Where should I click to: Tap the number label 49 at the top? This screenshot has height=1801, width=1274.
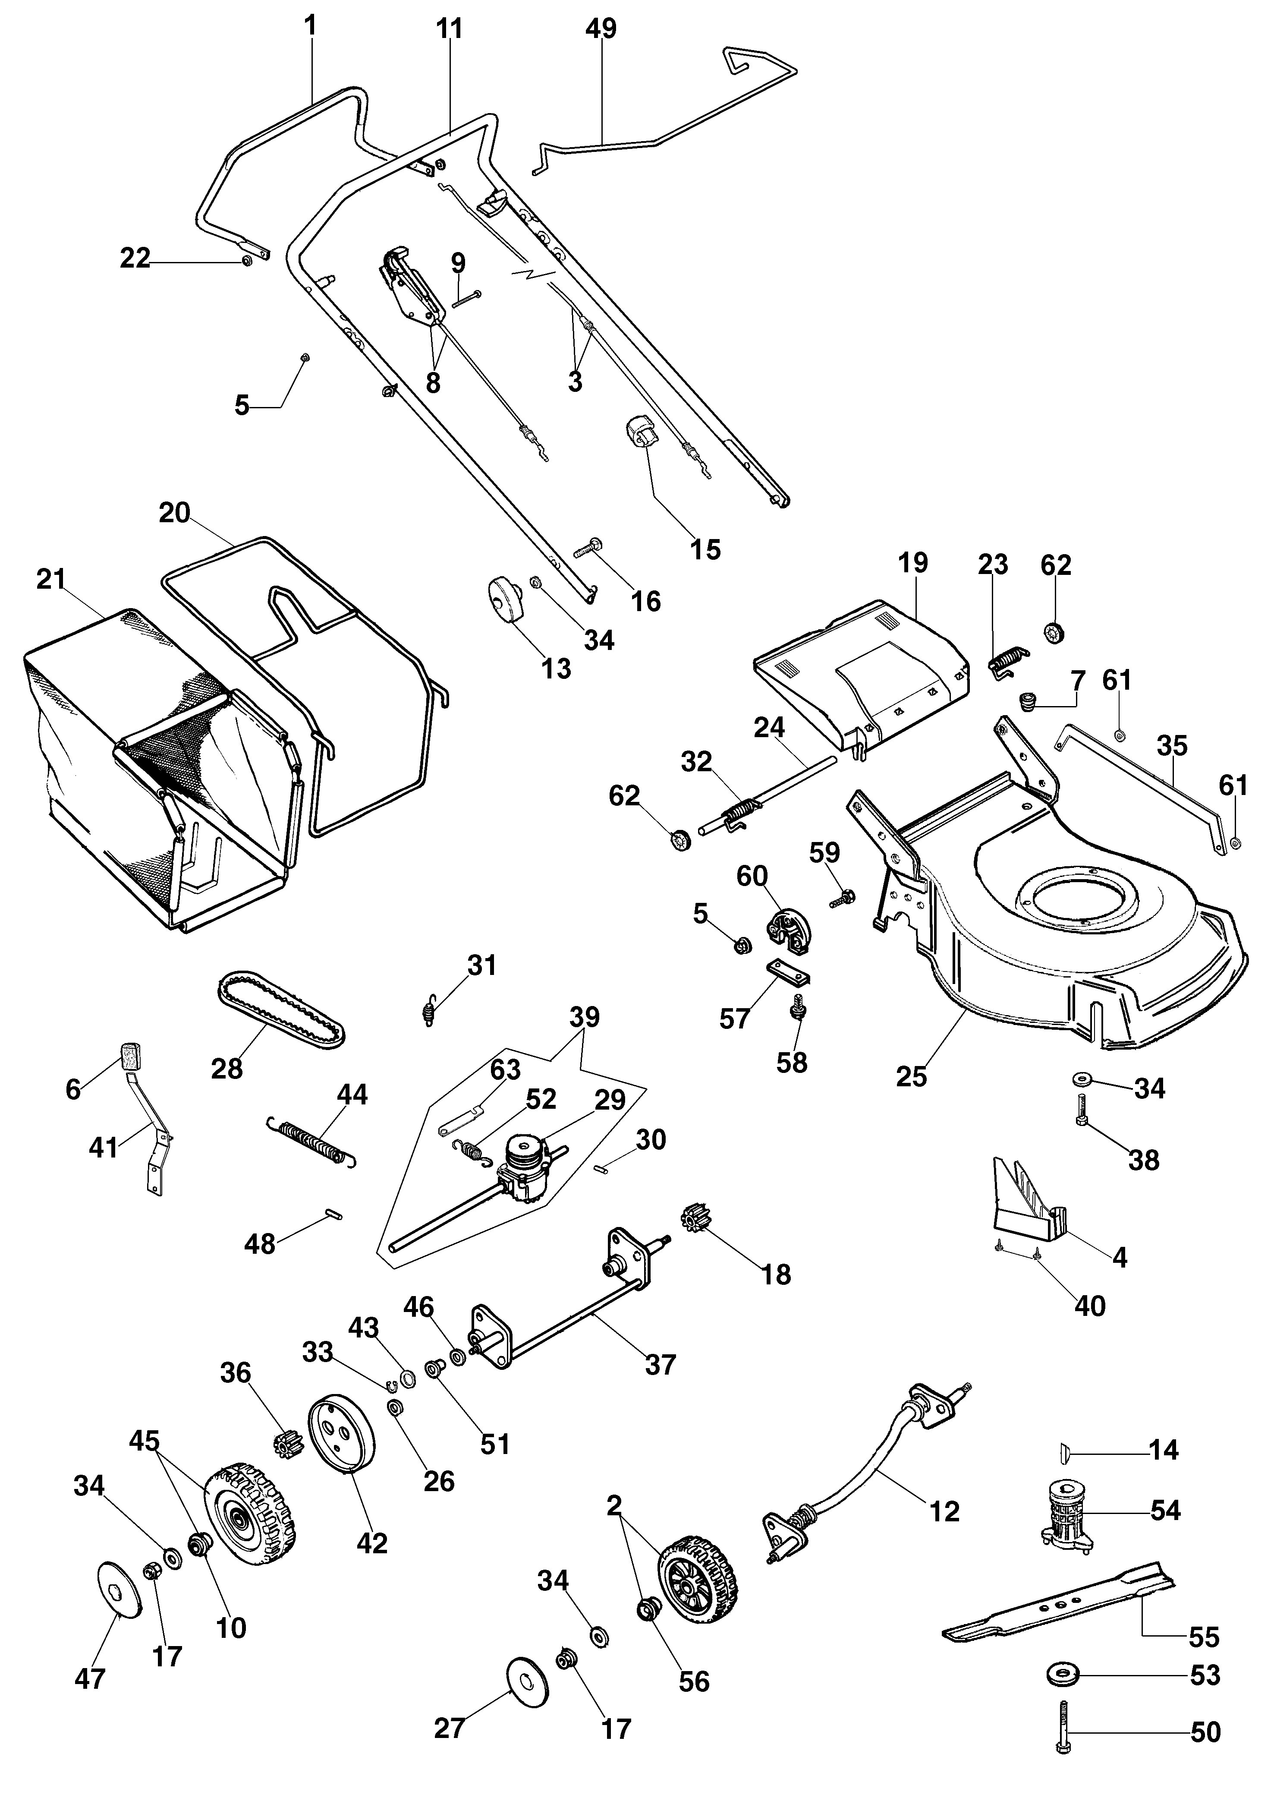[x=601, y=29]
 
